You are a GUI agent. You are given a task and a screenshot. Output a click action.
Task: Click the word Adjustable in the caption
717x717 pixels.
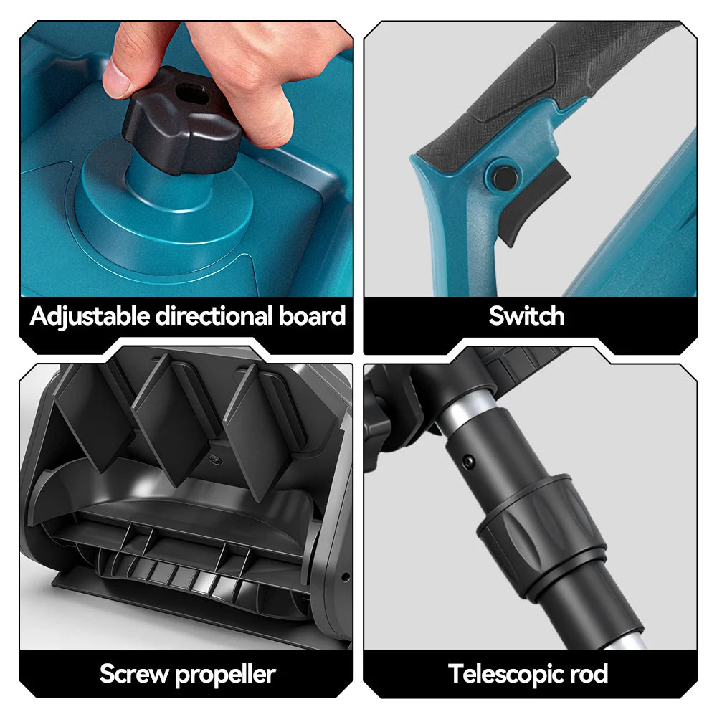coord(90,317)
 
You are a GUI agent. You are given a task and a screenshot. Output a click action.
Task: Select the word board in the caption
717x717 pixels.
coord(312,316)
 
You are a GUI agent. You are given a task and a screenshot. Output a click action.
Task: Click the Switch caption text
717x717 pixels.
coord(526,316)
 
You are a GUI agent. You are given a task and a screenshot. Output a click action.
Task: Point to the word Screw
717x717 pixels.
coord(134,674)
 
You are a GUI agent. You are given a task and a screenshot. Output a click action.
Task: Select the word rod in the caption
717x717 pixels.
coord(589,674)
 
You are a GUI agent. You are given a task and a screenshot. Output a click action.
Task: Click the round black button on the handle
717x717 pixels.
coord(504,176)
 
